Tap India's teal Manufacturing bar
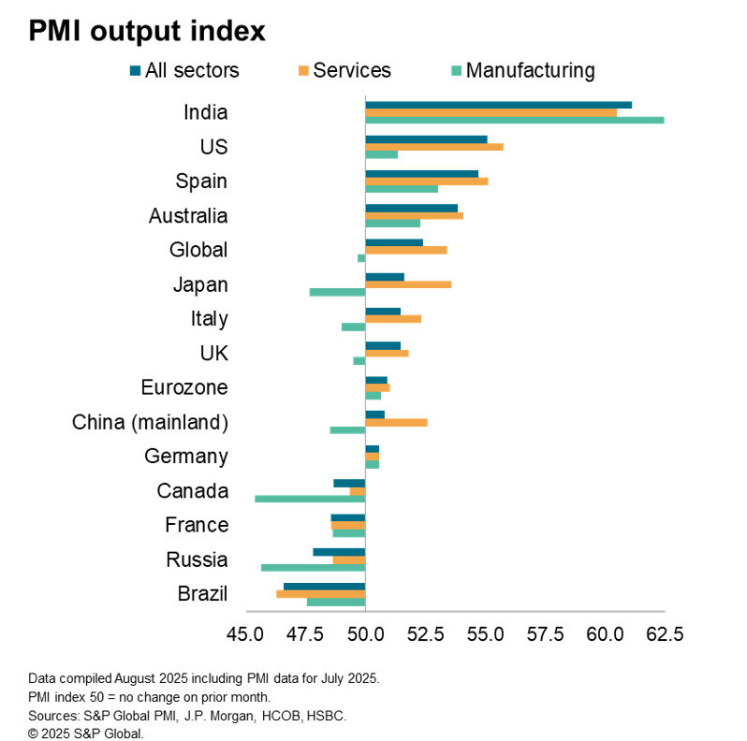(514, 120)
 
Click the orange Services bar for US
(433, 147)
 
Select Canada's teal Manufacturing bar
(310, 499)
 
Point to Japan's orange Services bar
(408, 284)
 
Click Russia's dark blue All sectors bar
(339, 552)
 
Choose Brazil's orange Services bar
(320, 594)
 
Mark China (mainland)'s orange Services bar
(396, 422)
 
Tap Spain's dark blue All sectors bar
(421, 174)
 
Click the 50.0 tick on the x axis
(364, 633)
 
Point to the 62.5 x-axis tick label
(664, 633)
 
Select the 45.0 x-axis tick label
(245, 633)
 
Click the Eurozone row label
(184, 387)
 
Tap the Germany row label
(186, 457)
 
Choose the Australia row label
(188, 216)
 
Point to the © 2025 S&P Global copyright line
(86, 734)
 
